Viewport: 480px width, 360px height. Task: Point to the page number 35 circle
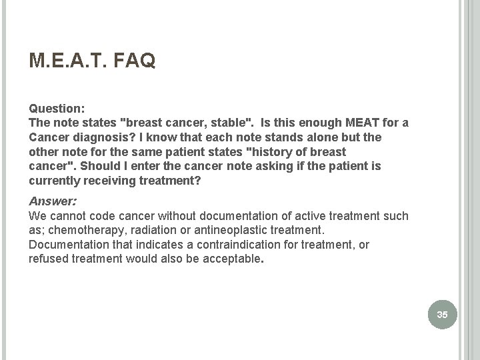443,313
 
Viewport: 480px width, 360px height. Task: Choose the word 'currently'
54,181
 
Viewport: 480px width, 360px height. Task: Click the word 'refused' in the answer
48,259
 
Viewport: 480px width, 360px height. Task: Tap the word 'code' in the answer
98,215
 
